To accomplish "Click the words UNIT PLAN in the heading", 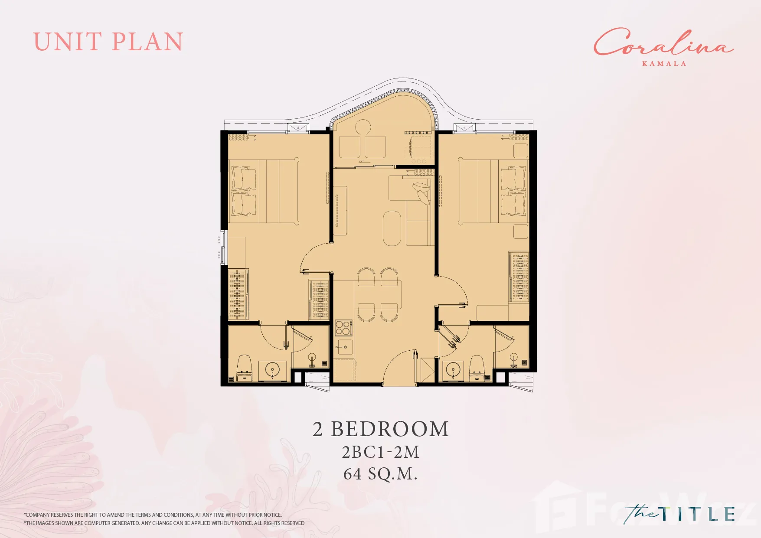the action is point(108,42).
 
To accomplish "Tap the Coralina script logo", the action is point(663,42).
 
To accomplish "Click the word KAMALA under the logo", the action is point(664,64).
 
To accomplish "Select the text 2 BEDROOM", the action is point(381,429).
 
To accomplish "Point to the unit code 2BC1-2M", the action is point(381,452).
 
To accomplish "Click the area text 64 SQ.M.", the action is point(380,474).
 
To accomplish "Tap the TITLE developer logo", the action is point(679,514).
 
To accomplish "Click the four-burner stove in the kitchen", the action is point(343,328).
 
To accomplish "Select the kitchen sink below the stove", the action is point(345,347).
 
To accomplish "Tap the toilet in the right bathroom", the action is point(477,368).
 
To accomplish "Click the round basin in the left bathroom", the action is point(272,371).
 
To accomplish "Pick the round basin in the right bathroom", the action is point(453,371).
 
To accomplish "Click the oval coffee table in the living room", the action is point(392,228).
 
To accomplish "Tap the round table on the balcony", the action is point(363,127).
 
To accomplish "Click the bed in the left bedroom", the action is point(264,191).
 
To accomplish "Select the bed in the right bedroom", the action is point(493,191).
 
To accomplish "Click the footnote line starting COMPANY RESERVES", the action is point(153,515).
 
